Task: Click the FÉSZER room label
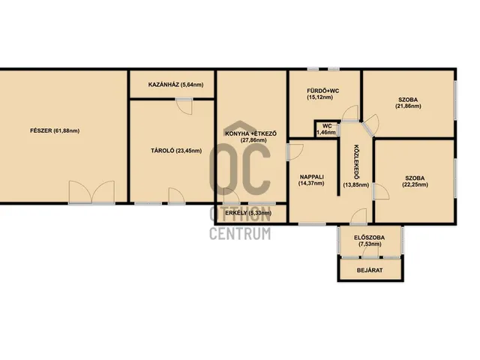55,130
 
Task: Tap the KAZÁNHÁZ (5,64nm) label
175,85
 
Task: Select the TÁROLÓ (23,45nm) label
176,151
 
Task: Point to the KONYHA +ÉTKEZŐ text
251,133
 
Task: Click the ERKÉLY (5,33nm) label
248,213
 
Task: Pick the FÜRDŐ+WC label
323,91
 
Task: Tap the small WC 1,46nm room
327,129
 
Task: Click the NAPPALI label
312,177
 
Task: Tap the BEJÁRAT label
370,270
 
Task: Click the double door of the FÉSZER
91,192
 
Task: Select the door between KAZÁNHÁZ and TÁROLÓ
184,106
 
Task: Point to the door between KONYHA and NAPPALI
295,151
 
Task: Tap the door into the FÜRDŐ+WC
350,113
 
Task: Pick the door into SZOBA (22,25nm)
381,192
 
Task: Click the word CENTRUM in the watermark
240,233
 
